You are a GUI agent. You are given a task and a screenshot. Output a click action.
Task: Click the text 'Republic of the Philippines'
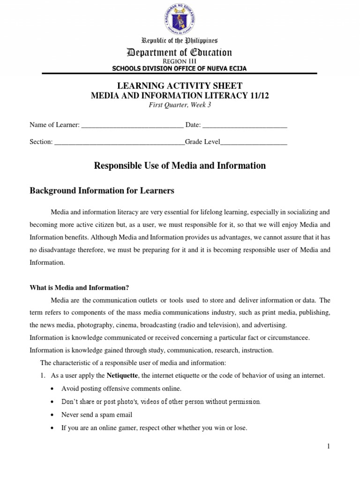pyautogui.click(x=180, y=41)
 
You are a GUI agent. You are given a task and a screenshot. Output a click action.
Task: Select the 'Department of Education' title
pyautogui.click(x=180, y=52)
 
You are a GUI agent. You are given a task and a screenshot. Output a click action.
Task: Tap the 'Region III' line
pyautogui.click(x=180, y=61)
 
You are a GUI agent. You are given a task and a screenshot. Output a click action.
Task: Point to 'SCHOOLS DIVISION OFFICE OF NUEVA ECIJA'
pyautogui.click(x=180, y=68)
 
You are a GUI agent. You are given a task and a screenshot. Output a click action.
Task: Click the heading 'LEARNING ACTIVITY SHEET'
pyautogui.click(x=180, y=85)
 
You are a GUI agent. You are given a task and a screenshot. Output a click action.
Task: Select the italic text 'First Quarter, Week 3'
pyautogui.click(x=180, y=105)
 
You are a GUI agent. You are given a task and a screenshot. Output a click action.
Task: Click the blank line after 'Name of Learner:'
pyautogui.click(x=132, y=126)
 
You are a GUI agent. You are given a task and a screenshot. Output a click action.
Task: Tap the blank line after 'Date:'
pyautogui.click(x=245, y=126)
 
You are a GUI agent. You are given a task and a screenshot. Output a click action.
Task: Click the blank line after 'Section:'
pyautogui.click(x=120, y=142)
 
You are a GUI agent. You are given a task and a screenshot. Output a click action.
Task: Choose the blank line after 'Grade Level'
pyautogui.click(x=253, y=142)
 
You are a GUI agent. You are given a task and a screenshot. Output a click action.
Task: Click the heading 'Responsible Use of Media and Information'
pyautogui.click(x=180, y=165)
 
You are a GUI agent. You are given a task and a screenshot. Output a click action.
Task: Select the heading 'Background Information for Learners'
pyautogui.click(x=102, y=191)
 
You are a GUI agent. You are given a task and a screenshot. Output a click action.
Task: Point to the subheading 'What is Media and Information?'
pyautogui.click(x=79, y=288)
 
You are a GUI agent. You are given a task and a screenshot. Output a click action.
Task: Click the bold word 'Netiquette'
pyautogui.click(x=121, y=375)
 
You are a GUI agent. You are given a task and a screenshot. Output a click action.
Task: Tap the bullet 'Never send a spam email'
pyautogui.click(x=97, y=415)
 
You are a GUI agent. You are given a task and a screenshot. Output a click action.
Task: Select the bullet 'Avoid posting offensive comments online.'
pyautogui.click(x=121, y=389)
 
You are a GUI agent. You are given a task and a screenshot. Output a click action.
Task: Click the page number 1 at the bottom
pyautogui.click(x=329, y=446)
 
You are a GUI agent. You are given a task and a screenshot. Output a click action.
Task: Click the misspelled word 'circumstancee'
pyautogui.click(x=286, y=337)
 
